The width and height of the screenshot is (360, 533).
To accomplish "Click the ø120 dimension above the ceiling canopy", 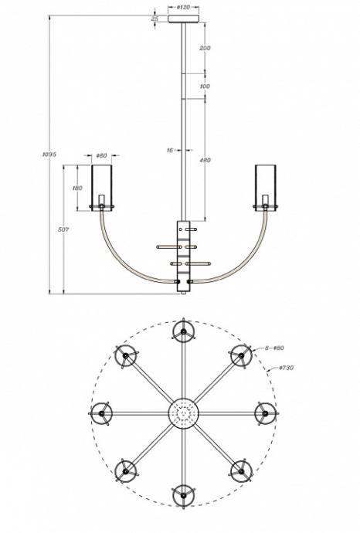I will tap(184, 6).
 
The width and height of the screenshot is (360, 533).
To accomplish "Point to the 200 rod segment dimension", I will tap(205, 48).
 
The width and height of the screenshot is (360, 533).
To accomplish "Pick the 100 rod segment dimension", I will tap(205, 87).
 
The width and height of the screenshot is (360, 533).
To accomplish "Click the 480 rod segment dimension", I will tap(205, 161).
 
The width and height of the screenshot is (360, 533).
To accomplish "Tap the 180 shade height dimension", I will tap(77, 188).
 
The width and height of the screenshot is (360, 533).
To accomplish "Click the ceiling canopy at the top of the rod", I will tap(184, 19).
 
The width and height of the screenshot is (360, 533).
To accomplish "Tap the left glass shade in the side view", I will tap(103, 186).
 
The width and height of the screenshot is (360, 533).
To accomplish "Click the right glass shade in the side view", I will tap(265, 186).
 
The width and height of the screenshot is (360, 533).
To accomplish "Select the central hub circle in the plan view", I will tap(183, 413).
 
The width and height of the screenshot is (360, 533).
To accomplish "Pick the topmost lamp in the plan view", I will tap(183, 332).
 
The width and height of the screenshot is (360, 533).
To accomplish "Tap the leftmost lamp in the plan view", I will tap(102, 413).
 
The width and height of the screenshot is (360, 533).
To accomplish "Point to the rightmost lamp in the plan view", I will tap(264, 413).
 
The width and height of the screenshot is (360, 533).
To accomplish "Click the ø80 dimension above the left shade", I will tap(102, 155).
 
